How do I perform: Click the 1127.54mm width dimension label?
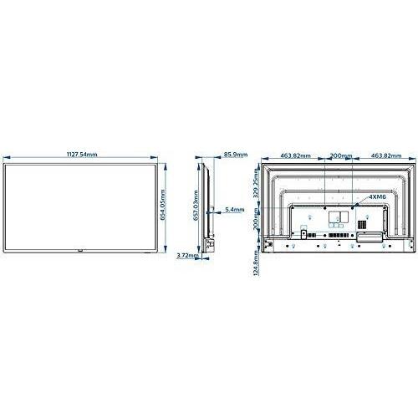[x=82, y=154]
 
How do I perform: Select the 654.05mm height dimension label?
[x=163, y=205]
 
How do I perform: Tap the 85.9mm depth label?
[x=236, y=154]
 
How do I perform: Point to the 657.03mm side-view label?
[x=196, y=206]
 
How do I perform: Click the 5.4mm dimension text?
[x=235, y=209]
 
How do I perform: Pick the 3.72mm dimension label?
[x=187, y=255]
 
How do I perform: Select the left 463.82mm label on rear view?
[x=295, y=155]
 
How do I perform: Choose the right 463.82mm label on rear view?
[x=386, y=155]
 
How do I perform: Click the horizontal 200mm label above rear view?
[x=341, y=155]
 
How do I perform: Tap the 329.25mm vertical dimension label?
[x=256, y=183]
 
